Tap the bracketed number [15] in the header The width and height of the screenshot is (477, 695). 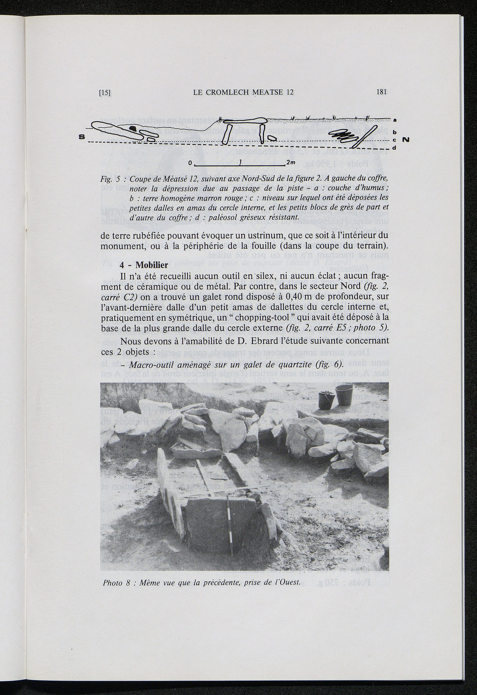[105, 93]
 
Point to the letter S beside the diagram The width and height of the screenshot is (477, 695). [82, 137]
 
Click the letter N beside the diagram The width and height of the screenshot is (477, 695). [405, 140]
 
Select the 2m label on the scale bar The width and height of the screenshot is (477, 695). [291, 162]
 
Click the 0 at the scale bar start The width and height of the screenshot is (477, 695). [190, 163]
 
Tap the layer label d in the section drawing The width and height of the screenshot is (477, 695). [394, 148]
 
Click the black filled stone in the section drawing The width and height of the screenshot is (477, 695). [133, 128]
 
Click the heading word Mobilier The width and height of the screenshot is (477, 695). [151, 266]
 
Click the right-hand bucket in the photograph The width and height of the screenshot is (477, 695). [344, 395]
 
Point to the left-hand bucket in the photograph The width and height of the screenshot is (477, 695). [325, 400]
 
